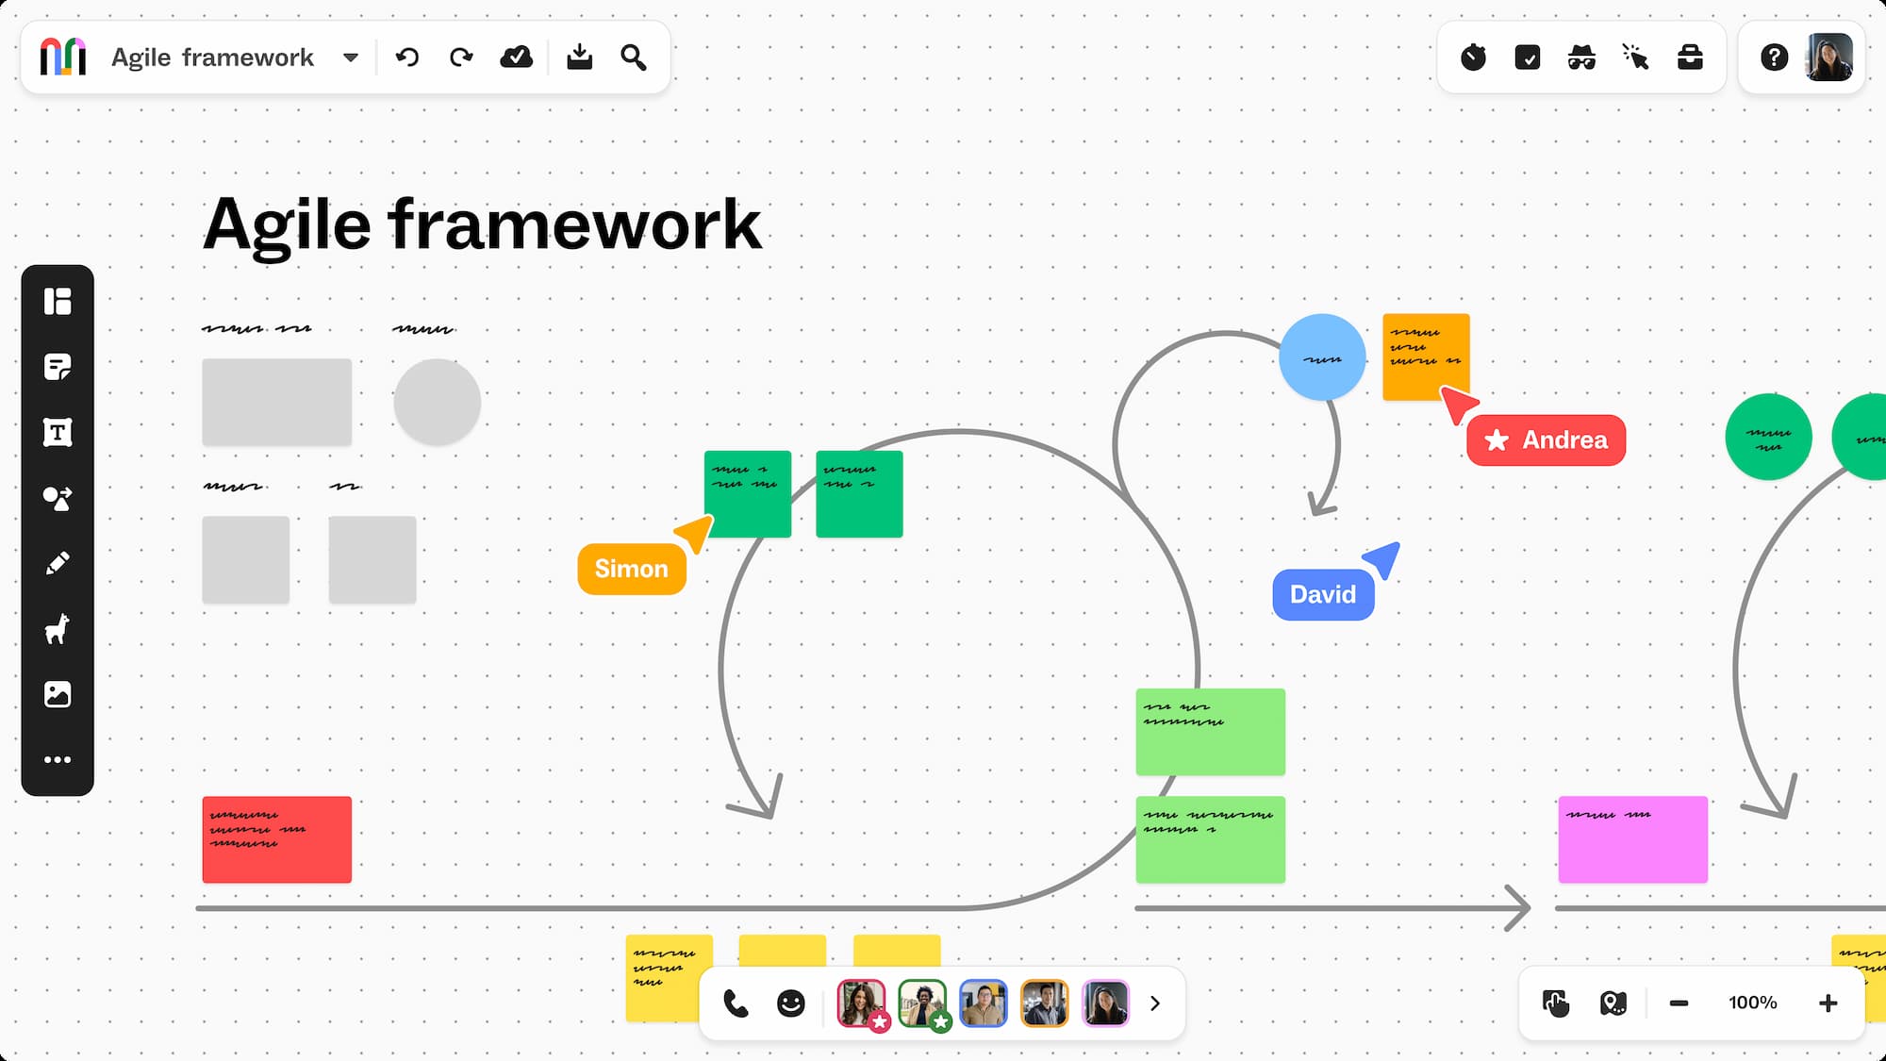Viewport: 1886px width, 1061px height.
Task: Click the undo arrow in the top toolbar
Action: coord(407,58)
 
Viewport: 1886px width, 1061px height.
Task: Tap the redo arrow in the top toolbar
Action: coord(461,58)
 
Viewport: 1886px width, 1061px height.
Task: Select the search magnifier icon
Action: coord(634,58)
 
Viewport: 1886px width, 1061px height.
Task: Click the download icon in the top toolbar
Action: coord(579,58)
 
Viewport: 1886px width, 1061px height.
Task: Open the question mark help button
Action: coord(1774,58)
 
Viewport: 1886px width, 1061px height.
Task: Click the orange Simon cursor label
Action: coord(632,569)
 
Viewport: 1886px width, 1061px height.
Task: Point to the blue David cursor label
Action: coord(1323,594)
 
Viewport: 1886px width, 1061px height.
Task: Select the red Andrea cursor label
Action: coord(1547,440)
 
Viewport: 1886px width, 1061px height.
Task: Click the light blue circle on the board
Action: coord(1322,357)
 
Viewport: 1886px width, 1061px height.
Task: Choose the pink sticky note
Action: coord(1632,839)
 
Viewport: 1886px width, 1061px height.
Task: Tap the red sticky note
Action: coord(276,839)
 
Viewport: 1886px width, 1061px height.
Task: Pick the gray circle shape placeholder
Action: coord(437,402)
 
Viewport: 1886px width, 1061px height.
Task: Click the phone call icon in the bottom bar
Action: coord(736,1003)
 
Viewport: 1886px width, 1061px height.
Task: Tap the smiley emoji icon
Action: coord(790,1003)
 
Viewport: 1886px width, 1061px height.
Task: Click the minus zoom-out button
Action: coord(1679,1003)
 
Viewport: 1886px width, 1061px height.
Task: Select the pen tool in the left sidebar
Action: coord(58,564)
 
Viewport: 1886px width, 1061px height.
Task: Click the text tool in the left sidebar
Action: coord(58,433)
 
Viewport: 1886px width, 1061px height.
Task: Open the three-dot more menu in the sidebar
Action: coord(58,759)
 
